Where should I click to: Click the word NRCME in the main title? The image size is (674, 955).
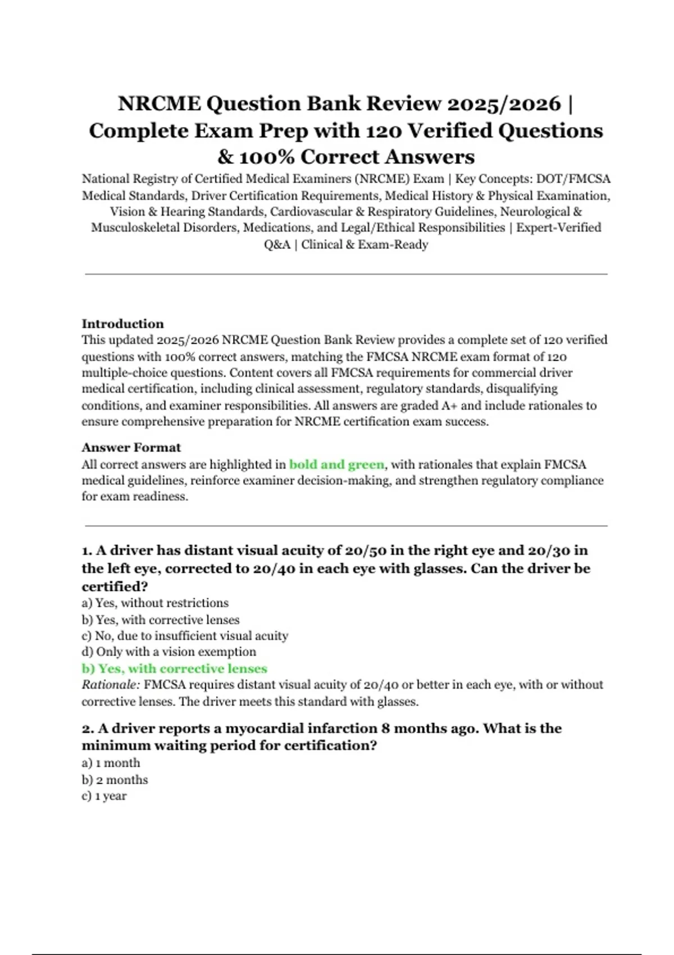[x=159, y=104]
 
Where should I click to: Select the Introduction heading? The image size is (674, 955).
[x=122, y=324]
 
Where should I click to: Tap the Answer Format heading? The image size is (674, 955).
[x=131, y=447]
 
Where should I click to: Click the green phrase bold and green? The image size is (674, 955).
[x=336, y=465]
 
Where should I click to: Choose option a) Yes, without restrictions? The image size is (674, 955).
[x=155, y=603]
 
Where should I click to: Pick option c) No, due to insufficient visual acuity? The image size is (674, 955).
[x=185, y=635]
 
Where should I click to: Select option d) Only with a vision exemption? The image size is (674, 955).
[x=168, y=652]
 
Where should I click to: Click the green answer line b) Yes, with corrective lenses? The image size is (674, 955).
[x=174, y=668]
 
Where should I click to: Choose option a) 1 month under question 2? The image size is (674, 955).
[x=111, y=763]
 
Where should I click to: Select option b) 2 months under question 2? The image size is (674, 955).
[x=115, y=780]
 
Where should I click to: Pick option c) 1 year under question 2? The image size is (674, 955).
[x=104, y=796]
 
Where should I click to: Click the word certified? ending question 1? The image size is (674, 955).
[x=115, y=586]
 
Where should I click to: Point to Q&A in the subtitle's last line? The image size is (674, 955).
[x=277, y=245]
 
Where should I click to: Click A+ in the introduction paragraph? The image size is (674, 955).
[x=449, y=406]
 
